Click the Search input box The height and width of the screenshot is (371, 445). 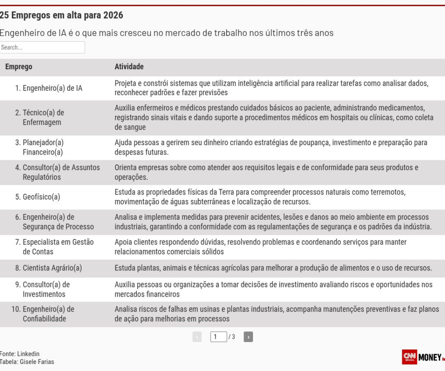pyautogui.click(x=42, y=47)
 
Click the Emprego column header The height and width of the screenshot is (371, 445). pyautogui.click(x=19, y=67)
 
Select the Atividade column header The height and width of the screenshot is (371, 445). pyautogui.click(x=129, y=67)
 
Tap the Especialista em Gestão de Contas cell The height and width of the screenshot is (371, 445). pyautogui.click(x=54, y=247)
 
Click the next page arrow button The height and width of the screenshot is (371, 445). pyautogui.click(x=248, y=337)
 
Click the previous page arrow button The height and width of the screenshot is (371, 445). pyautogui.click(x=197, y=337)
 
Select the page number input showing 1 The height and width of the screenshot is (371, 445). pyautogui.click(x=219, y=337)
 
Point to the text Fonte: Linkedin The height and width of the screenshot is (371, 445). pyautogui.click(x=20, y=354)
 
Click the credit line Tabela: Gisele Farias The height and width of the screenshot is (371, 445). pyautogui.click(x=27, y=362)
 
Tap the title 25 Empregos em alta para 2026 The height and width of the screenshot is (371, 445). pyautogui.click(x=61, y=16)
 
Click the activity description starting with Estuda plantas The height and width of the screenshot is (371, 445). pyautogui.click(x=273, y=268)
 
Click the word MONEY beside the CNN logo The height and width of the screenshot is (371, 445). pyautogui.click(x=430, y=357)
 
